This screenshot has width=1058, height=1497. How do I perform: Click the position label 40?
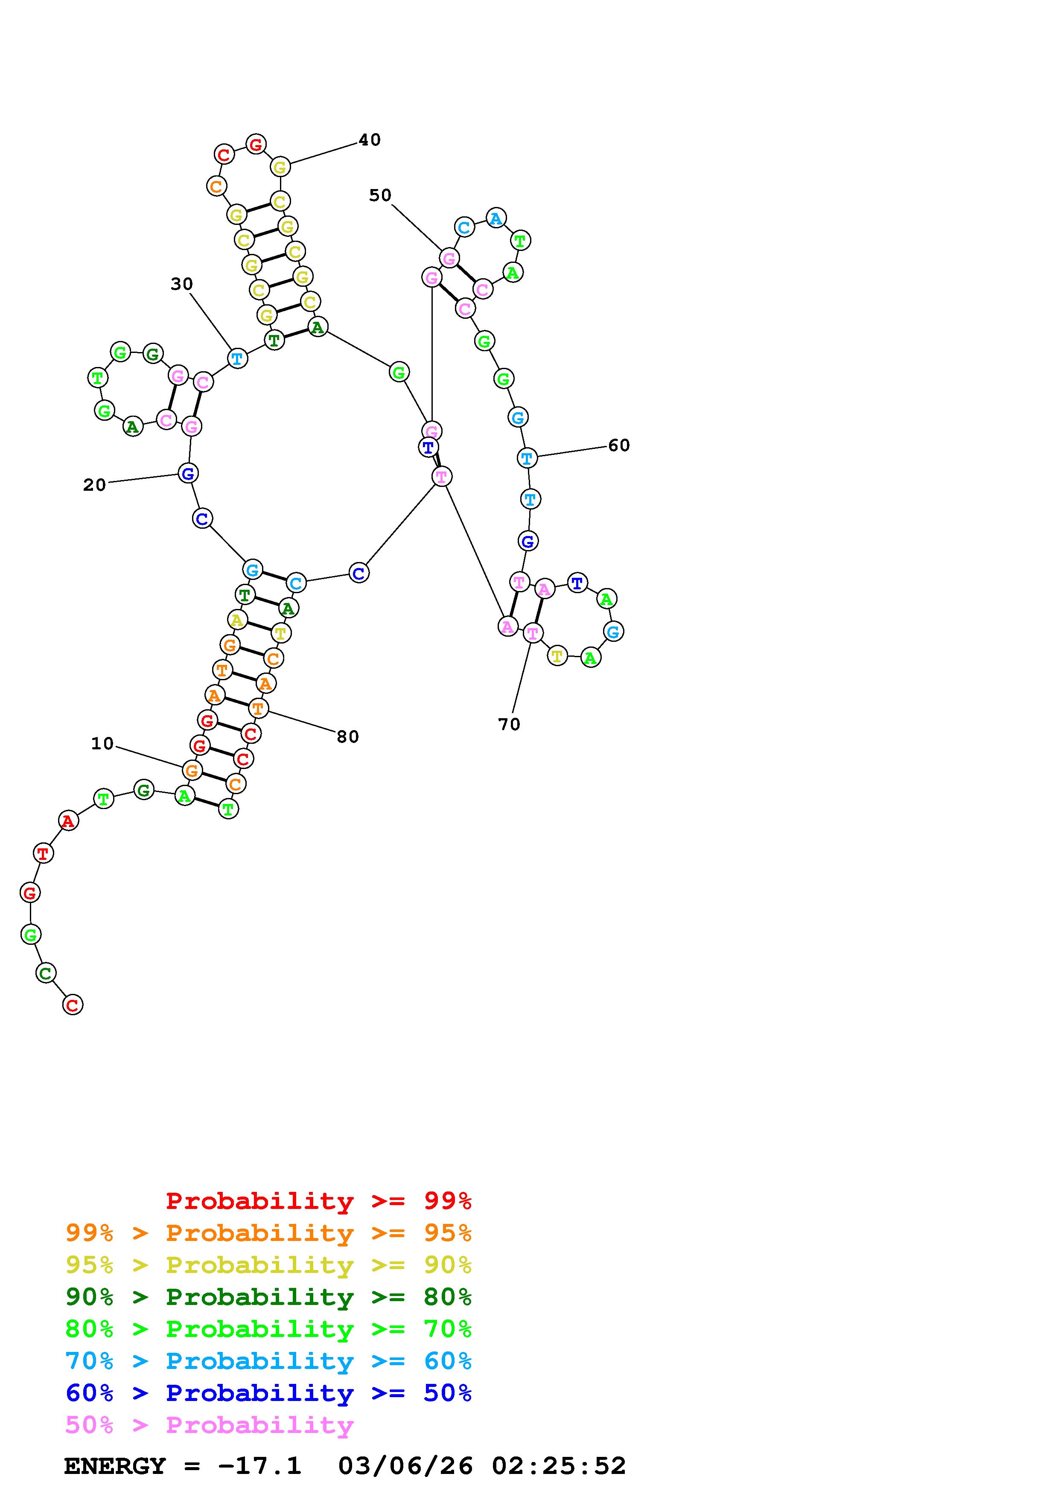pyautogui.click(x=369, y=140)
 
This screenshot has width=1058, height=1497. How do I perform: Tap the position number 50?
pyautogui.click(x=380, y=195)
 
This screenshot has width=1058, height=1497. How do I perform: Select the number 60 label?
pyautogui.click(x=619, y=446)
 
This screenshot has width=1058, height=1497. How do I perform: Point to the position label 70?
pyautogui.click(x=509, y=724)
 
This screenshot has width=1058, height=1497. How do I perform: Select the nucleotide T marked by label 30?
pyautogui.click(x=237, y=358)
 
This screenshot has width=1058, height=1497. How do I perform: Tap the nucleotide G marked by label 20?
pyautogui.click(x=188, y=473)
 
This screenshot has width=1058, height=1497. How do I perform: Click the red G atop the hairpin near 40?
pyautogui.click(x=256, y=144)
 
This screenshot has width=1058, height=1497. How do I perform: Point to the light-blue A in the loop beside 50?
pyautogui.click(x=496, y=218)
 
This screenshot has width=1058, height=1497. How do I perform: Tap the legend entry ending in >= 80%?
pyautogui.click(x=268, y=1297)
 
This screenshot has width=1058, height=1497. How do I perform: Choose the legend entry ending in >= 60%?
pyautogui.click(x=268, y=1361)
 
